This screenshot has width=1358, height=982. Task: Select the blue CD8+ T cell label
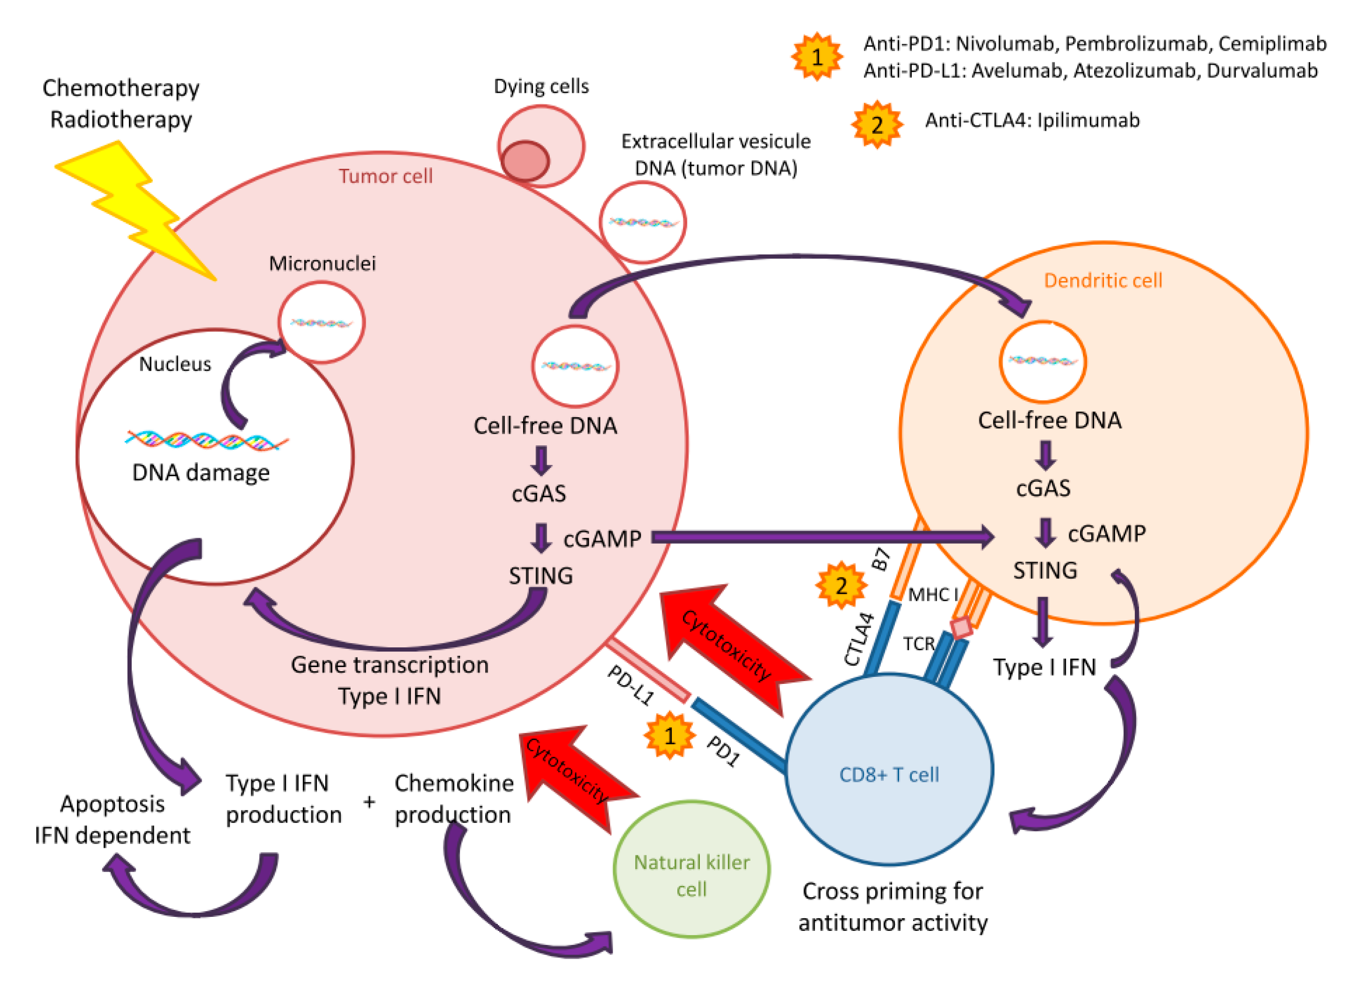(889, 775)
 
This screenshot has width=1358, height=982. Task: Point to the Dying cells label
(540, 87)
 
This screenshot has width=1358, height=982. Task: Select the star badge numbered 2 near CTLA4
(840, 585)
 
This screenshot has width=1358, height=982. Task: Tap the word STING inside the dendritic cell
(1045, 570)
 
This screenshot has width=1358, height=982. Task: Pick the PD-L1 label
(630, 685)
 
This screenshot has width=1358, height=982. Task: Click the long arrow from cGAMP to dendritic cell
(820, 537)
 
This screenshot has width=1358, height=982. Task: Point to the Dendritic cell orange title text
(1103, 281)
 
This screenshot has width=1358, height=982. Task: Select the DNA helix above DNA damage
(207, 440)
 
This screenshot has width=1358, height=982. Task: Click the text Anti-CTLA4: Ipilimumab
(1032, 121)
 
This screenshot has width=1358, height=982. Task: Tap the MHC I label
(933, 594)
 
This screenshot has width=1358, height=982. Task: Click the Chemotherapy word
(121, 89)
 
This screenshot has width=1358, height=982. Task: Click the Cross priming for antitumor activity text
(892, 907)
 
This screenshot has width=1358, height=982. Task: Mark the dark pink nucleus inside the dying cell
(525, 160)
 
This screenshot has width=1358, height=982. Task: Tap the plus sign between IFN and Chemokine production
(369, 801)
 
